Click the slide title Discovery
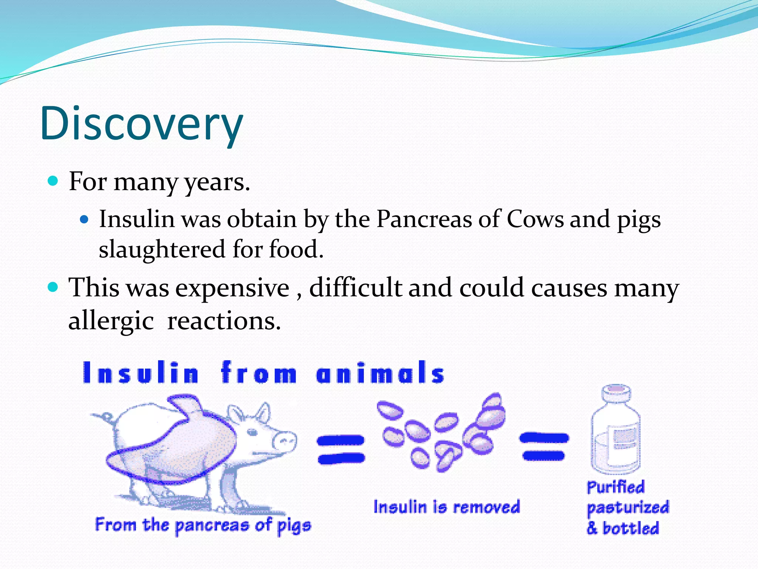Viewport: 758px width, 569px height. tap(141, 123)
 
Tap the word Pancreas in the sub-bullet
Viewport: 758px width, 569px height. tap(424, 219)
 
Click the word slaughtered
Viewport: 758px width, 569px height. tap(162, 249)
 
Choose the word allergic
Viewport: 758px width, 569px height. tap(111, 321)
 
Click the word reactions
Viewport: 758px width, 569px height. tap(224, 321)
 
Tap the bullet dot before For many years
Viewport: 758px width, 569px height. tap(54, 181)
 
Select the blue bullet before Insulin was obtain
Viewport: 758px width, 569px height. tap(85, 220)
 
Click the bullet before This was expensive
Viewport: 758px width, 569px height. tap(54, 287)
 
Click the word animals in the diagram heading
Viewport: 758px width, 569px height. tap(380, 373)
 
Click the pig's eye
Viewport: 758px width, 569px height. tap(253, 432)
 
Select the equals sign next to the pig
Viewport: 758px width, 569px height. tap(341, 449)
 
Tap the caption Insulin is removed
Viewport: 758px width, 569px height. tap(446, 507)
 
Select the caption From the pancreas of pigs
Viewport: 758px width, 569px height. tap(203, 525)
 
